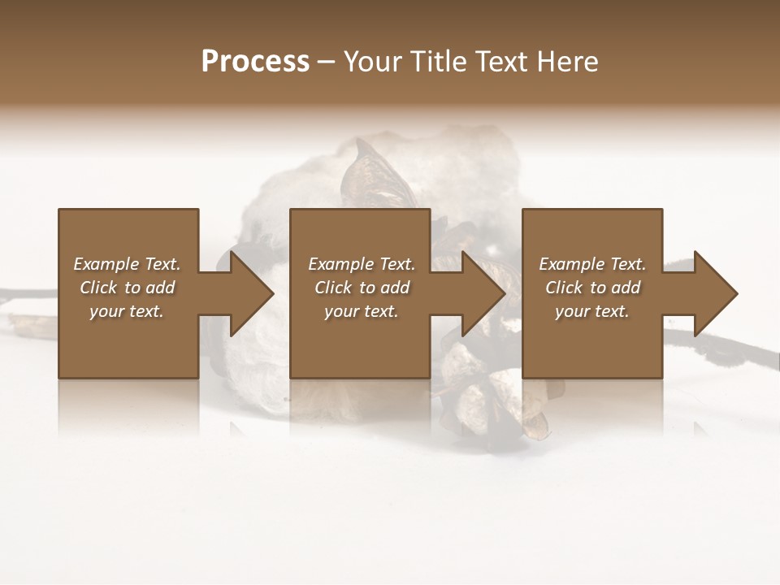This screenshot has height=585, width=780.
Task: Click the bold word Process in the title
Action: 255,62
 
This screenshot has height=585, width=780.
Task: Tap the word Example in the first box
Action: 105,264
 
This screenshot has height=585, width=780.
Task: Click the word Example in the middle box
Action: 340,264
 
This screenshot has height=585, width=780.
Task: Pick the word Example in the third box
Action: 570,264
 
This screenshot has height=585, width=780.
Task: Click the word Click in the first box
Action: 98,288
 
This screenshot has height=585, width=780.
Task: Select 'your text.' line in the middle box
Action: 362,311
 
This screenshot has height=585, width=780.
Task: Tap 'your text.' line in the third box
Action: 592,311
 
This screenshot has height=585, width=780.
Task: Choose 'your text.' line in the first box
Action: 127,311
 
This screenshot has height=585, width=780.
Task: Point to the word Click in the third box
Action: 564,288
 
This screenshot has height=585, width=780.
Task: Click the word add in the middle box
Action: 395,288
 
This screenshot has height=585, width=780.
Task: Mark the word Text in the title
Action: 500,62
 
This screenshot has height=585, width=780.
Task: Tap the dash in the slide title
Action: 327,62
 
